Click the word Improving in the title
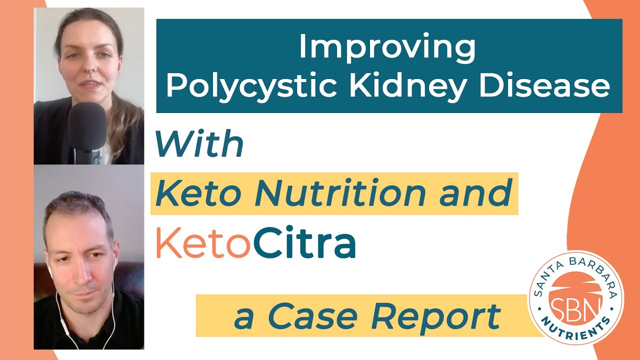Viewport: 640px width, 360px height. [387, 47]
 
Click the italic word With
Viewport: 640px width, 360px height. [199, 144]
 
